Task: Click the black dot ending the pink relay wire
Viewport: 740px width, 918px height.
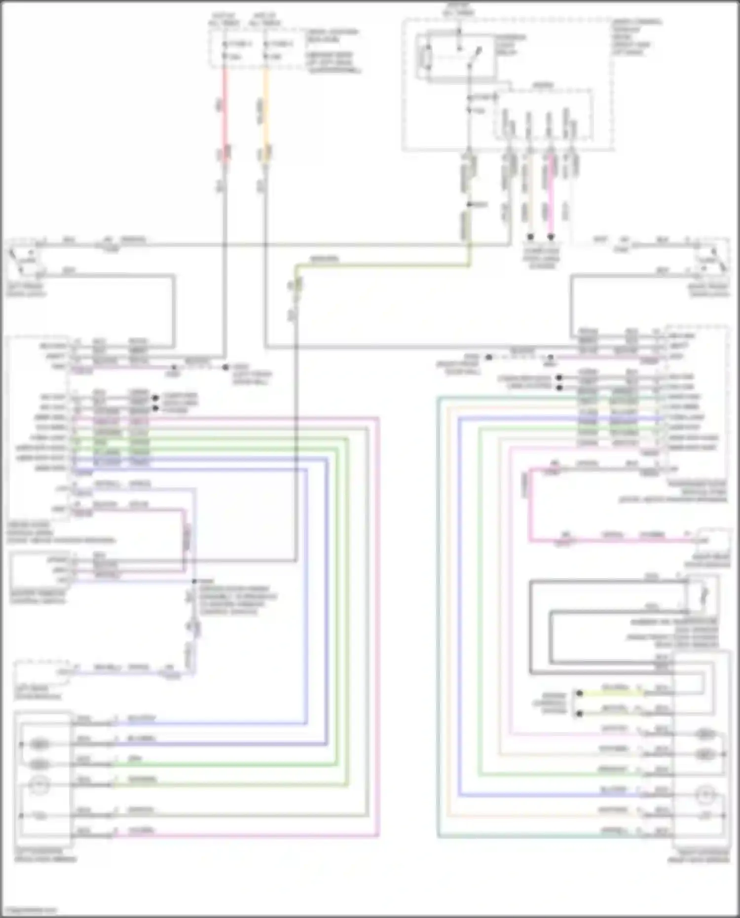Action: click(x=551, y=237)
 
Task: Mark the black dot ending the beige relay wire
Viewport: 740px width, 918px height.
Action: click(x=530, y=237)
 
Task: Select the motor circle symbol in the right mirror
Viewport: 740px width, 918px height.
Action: click(x=706, y=794)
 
